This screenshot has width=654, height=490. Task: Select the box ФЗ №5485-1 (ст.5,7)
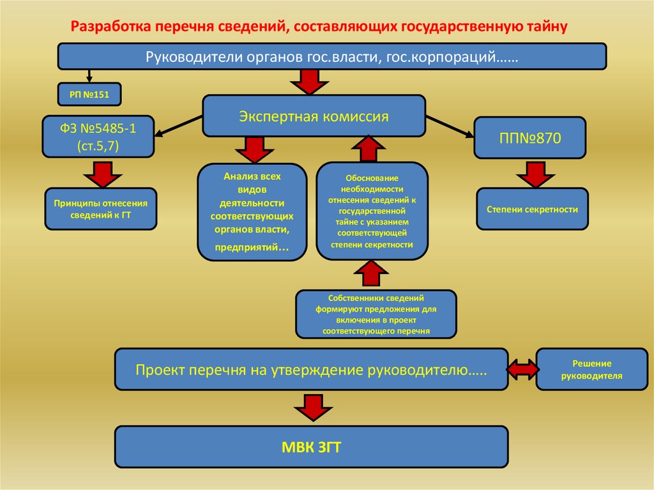coord(98,137)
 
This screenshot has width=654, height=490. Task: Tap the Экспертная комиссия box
coord(314,116)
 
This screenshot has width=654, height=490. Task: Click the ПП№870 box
coord(529,137)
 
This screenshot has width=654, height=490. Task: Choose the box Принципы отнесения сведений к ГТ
coord(100,208)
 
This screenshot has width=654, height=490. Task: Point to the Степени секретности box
coord(531,209)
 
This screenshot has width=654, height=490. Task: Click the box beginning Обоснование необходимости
coord(372,211)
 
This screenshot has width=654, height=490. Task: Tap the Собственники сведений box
coord(376,314)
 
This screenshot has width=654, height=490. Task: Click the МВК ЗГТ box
coord(311,447)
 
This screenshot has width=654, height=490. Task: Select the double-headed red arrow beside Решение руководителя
coord(522,369)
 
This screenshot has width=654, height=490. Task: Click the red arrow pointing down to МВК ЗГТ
coord(311,408)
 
